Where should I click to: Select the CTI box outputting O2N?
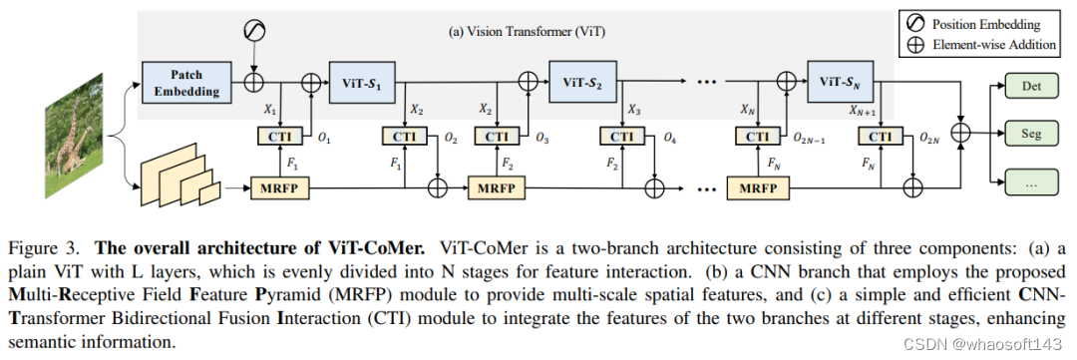click(881, 137)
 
